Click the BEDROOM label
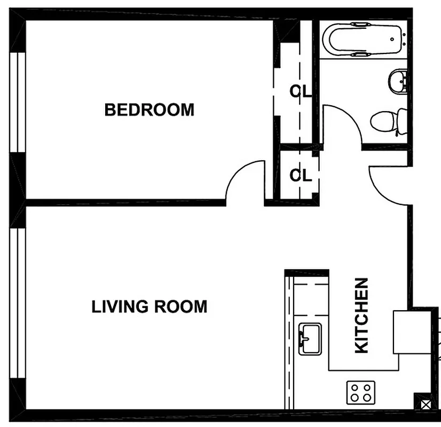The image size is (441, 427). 149,110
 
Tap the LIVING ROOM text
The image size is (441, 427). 149,307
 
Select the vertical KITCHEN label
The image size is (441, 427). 361,315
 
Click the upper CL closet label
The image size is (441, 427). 301,91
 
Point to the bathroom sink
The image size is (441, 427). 398,82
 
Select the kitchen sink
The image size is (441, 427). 310,339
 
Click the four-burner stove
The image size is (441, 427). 360,392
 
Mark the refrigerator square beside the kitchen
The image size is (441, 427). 412,331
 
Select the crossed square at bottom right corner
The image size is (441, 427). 425,405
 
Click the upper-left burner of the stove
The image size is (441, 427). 354,387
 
